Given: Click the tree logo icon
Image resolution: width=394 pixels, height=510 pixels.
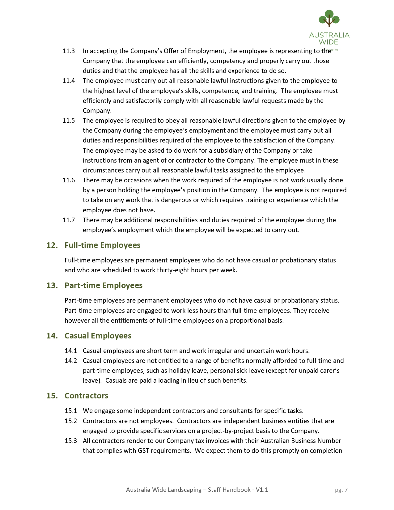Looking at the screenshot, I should click(329, 19).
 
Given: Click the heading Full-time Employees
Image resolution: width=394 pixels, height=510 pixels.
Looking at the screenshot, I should click(102, 245).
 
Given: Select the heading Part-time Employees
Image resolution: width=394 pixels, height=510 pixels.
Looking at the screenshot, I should click(104, 285).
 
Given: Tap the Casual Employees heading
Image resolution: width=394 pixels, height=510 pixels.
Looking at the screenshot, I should click(98, 336).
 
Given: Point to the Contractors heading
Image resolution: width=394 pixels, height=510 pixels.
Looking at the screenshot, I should click(86, 396).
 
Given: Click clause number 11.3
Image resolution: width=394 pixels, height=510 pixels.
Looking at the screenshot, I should click(69, 51).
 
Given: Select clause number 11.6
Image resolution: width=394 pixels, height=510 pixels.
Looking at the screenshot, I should click(69, 180).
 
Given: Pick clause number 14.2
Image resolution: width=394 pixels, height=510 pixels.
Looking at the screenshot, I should click(71, 361).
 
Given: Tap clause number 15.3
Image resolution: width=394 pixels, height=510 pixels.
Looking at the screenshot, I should click(71, 441).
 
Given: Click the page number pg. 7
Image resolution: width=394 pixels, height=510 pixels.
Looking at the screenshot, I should click(341, 490).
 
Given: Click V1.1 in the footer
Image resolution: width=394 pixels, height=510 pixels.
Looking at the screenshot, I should click(262, 490).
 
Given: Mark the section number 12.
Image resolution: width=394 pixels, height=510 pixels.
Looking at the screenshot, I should click(52, 245).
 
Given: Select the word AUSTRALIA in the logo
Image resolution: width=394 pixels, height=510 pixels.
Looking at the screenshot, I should click(329, 35).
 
